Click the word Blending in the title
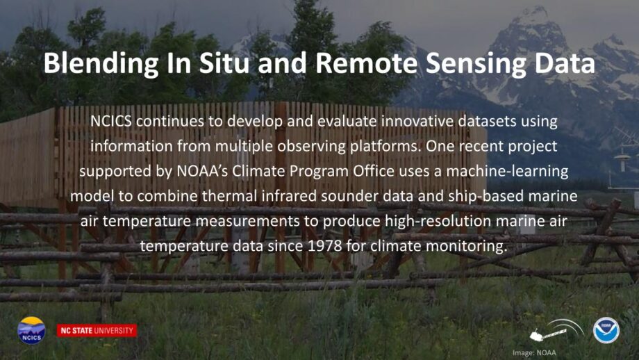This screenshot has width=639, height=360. pos(101,64)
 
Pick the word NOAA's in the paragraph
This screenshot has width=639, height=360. pos(202,171)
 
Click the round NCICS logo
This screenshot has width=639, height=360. pos(31,330)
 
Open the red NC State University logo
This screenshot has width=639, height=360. pos(97,331)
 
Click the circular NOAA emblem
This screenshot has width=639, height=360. pos(606,330)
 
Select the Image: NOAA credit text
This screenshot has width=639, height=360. pos(534,352)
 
